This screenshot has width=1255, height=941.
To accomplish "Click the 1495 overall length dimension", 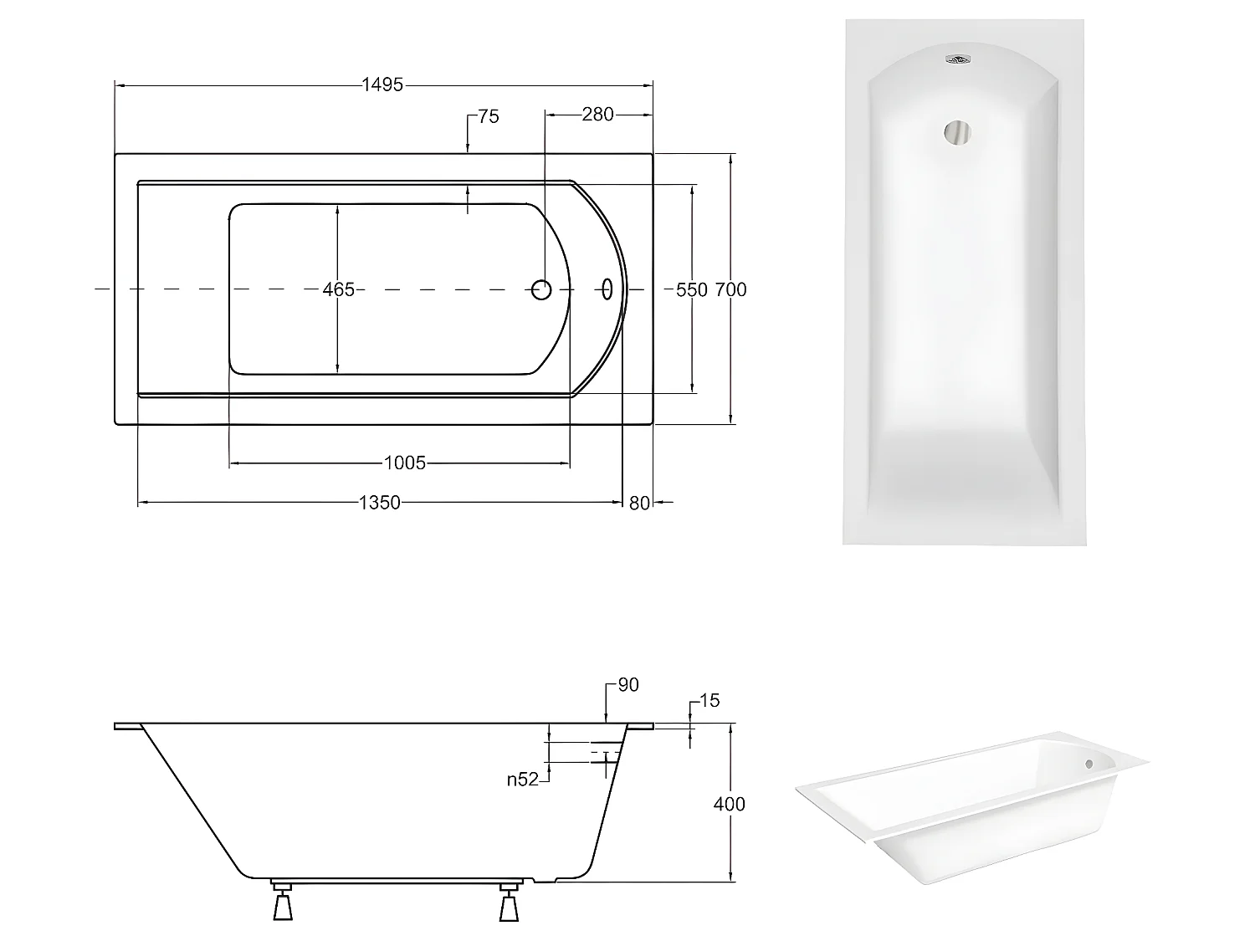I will coord(382,84).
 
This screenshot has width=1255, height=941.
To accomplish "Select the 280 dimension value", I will coord(597,115).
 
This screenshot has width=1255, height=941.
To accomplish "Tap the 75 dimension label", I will coord(489,117).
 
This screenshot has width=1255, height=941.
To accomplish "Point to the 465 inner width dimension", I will coord(338,289).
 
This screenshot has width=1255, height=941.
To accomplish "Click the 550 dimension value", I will coord(691,289).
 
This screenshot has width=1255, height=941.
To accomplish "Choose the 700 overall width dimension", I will coord(731,289).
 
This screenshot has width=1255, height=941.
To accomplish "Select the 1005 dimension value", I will coord(405,462).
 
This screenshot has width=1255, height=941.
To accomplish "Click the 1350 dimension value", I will coord(380,502).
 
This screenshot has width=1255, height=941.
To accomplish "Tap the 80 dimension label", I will coord(639,503).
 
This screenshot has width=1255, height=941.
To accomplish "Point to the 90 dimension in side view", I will coord(627,685).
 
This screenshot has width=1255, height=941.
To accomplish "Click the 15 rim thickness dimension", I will coord(709,701).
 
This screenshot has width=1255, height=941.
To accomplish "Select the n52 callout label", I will coord(522,780).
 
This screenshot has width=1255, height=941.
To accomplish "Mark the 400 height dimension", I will coord(729,804).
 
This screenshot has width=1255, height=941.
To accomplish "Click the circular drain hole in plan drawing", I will coord(542,289).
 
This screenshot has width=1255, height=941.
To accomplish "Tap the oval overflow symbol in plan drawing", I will coord(607,289).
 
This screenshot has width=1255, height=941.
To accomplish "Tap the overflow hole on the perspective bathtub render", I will coord(1089,763).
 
